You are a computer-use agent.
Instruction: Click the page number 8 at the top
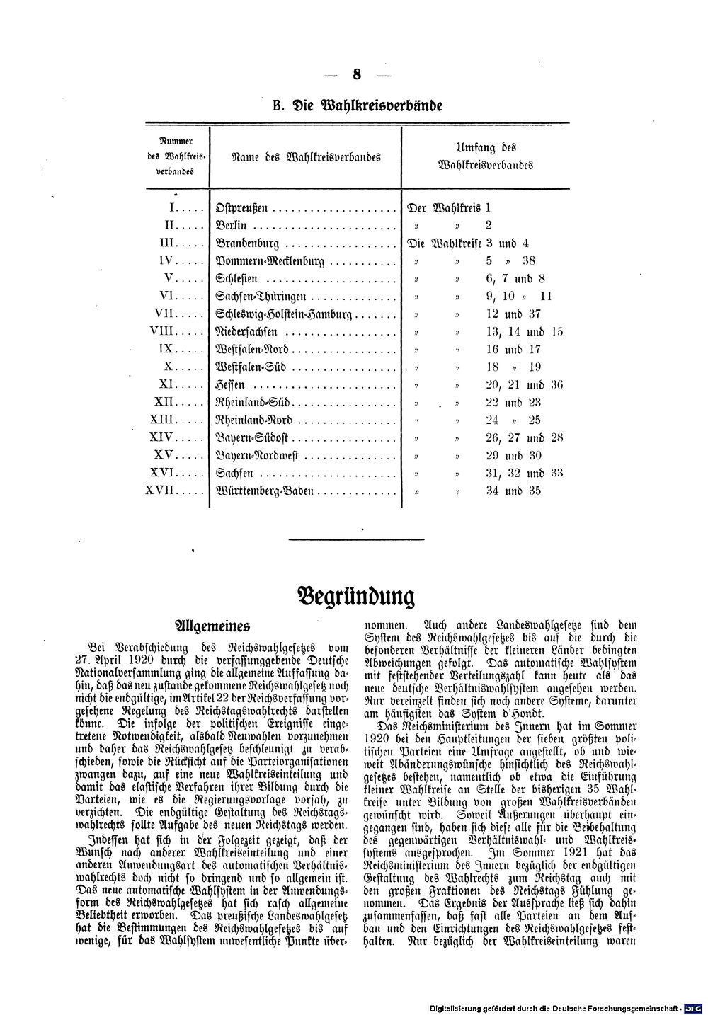(x=356, y=74)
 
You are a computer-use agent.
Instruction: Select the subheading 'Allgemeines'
(x=212, y=626)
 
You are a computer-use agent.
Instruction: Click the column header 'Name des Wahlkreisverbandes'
(x=307, y=156)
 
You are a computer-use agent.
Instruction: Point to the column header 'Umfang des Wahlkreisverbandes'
(x=486, y=156)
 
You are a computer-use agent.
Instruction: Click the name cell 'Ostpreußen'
(x=242, y=208)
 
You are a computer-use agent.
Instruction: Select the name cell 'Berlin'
(x=232, y=226)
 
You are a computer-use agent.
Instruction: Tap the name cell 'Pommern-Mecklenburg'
(x=270, y=261)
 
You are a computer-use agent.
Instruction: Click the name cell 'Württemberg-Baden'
(x=263, y=491)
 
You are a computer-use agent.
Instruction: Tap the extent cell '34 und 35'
(x=513, y=491)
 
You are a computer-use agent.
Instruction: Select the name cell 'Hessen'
(x=230, y=385)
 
